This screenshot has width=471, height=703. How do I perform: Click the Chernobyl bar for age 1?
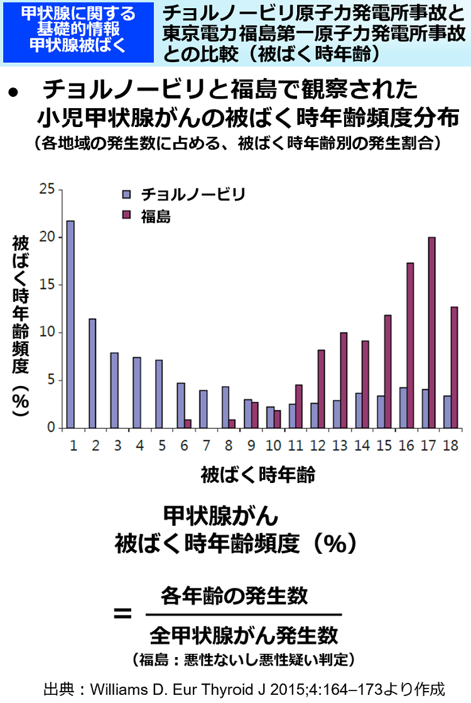(70, 324)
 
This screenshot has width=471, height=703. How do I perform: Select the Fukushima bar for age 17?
(431, 333)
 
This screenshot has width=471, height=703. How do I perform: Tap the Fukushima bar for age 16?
(410, 345)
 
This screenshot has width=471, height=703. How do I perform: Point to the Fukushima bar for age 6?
(188, 424)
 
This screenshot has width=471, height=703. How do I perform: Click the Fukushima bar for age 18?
(454, 367)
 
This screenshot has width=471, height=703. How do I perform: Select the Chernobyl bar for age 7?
(203, 409)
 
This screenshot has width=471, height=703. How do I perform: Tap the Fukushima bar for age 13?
(344, 380)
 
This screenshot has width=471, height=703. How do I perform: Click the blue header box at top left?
(78, 32)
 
